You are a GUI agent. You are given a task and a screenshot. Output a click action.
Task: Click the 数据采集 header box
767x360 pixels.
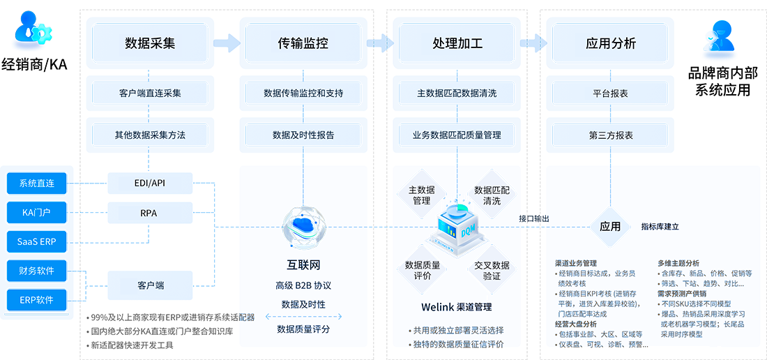pyautogui.click(x=150, y=43)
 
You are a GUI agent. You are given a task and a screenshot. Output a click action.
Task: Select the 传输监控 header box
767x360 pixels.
pyautogui.click(x=303, y=43)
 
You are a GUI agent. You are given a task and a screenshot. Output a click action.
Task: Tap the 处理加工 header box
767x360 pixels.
pyautogui.click(x=457, y=43)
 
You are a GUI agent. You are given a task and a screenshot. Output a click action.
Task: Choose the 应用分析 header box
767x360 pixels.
pyautogui.click(x=611, y=43)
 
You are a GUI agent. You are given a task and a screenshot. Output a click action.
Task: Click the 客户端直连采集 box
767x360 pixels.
pyautogui.click(x=150, y=93)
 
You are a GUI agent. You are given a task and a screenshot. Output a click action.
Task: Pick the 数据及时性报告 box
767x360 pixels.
pyautogui.click(x=303, y=135)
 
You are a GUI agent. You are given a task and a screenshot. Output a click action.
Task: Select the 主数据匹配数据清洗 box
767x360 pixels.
pyautogui.click(x=457, y=93)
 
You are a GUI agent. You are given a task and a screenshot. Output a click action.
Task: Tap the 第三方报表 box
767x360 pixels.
pyautogui.click(x=611, y=135)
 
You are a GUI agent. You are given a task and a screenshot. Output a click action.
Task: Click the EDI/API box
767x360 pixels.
pyautogui.click(x=150, y=183)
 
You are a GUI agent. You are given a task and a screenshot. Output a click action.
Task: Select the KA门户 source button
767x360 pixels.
pyautogui.click(x=38, y=211)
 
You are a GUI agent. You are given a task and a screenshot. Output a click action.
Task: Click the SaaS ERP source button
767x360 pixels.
pyautogui.click(x=38, y=241)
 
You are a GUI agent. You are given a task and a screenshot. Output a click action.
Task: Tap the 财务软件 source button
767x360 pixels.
pyautogui.click(x=38, y=270)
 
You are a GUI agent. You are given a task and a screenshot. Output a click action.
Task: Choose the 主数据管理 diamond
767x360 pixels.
pyautogui.click(x=421, y=195)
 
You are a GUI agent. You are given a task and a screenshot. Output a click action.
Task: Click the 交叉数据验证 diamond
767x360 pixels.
pyautogui.click(x=492, y=270)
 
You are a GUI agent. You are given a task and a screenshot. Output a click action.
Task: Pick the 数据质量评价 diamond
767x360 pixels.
pyautogui.click(x=423, y=270)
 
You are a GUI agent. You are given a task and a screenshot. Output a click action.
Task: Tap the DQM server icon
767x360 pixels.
pyautogui.click(x=457, y=222)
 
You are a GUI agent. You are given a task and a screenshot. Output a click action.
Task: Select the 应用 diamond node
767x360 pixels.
pyautogui.click(x=610, y=226)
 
